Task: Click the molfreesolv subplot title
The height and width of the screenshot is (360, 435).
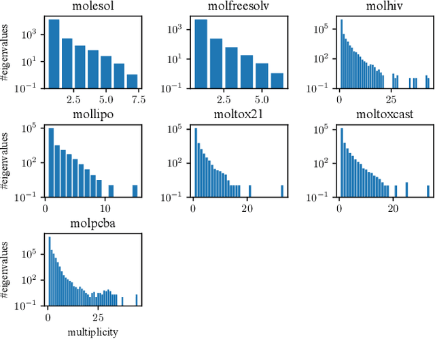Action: pyautogui.click(x=236, y=8)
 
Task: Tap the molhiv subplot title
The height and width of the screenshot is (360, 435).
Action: pyautogui.click(x=381, y=8)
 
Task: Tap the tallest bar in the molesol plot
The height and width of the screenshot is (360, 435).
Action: pyautogui.click(x=54, y=54)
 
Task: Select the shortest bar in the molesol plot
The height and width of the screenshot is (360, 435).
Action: pyautogui.click(x=132, y=82)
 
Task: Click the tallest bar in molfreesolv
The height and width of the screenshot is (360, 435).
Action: pyautogui.click(x=201, y=54)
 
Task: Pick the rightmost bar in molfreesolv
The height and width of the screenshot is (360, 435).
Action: pyautogui.click(x=277, y=81)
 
